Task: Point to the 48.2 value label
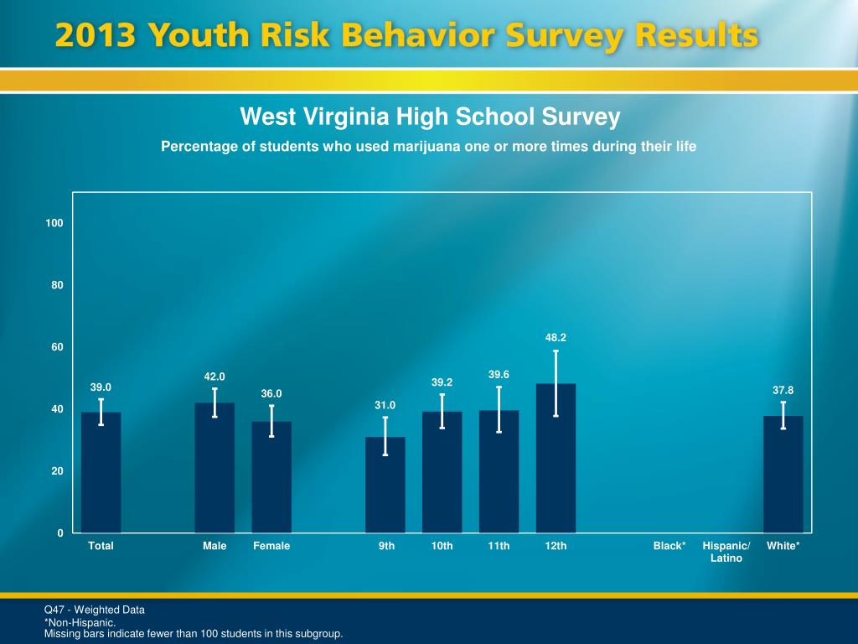coord(556,337)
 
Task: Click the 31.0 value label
coord(385,406)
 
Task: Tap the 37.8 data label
coord(783,390)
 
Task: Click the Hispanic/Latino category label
coord(726,552)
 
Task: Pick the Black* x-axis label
coord(669,546)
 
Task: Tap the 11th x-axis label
coord(499,546)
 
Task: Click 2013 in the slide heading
coord(96,37)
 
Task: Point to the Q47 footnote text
coord(94,610)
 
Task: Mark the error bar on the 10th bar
coord(442,411)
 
